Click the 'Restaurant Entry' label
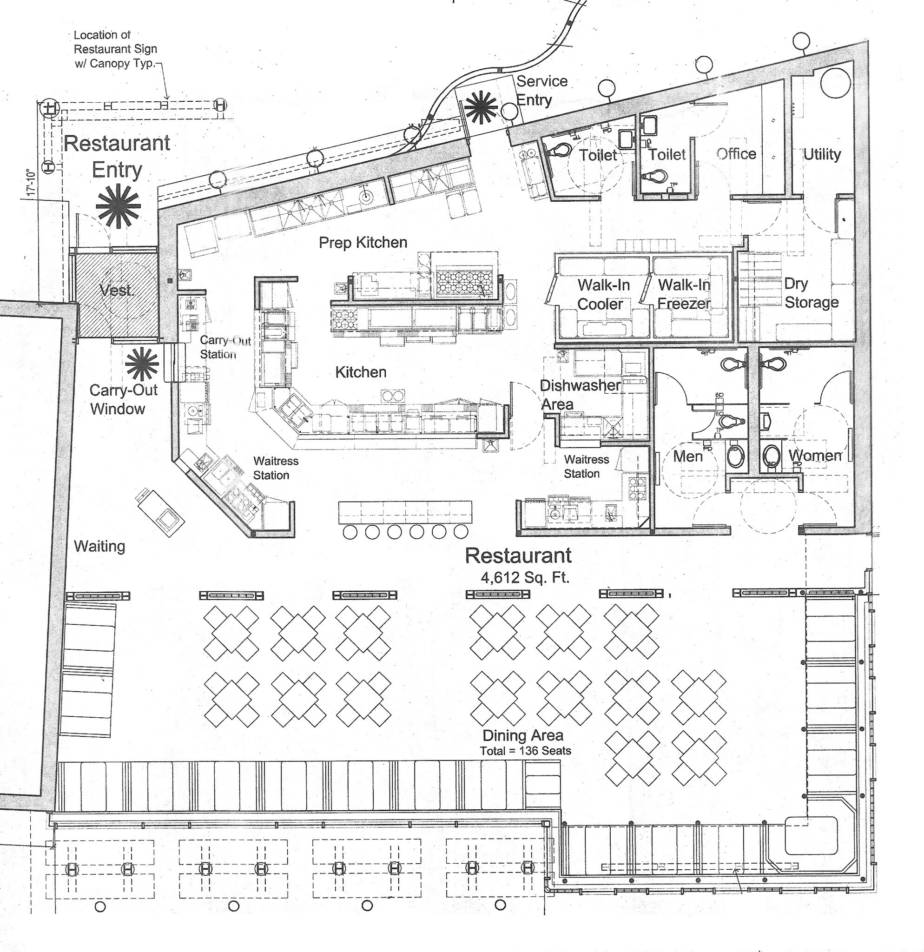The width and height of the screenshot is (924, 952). click(117, 156)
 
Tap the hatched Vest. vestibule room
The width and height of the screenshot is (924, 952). click(117, 291)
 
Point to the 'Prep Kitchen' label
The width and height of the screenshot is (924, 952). click(363, 242)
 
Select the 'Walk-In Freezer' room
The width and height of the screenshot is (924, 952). click(684, 294)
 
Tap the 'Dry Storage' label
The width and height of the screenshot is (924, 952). click(811, 293)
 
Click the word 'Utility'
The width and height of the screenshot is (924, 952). click(822, 154)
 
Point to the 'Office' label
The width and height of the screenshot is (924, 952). click(736, 154)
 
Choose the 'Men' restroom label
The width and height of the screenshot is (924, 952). click(687, 456)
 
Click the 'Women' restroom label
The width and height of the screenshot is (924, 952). click(815, 455)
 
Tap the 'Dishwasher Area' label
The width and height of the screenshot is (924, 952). click(580, 394)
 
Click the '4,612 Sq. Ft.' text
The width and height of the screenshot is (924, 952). click(524, 577)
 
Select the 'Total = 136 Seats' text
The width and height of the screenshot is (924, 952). click(525, 750)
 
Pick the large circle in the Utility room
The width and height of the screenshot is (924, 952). click(836, 83)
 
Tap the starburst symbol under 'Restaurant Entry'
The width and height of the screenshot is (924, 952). click(118, 206)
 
